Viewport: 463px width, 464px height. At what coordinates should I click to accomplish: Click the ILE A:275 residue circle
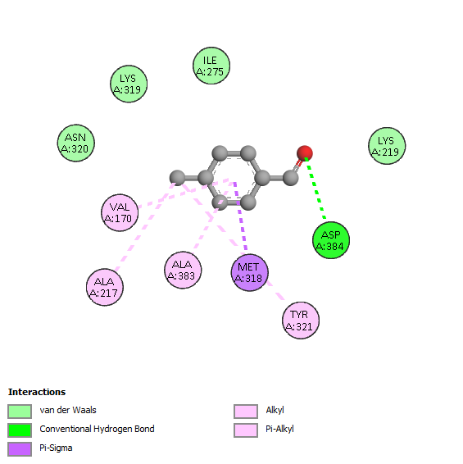[x=211, y=66]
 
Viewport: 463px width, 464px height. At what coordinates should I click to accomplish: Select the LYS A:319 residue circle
[x=129, y=84]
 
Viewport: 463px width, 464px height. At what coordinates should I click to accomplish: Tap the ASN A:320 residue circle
[x=75, y=143]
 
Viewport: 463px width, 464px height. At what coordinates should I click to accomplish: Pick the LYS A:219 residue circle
[x=387, y=146]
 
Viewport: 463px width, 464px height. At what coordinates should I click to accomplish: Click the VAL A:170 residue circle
[x=120, y=212]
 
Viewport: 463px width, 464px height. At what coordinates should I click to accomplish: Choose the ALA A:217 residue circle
[x=105, y=287]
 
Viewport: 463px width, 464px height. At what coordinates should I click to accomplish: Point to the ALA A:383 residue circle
[x=183, y=270]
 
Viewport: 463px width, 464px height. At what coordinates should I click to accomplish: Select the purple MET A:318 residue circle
[x=249, y=272]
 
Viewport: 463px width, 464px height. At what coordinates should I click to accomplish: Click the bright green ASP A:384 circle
[x=331, y=240]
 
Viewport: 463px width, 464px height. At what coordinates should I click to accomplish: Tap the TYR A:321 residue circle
[x=301, y=321]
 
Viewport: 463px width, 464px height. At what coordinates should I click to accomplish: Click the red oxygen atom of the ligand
[x=305, y=153]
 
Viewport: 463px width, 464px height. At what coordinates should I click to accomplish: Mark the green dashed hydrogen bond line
[x=315, y=189]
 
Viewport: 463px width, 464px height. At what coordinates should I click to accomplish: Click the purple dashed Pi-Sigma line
[x=241, y=218]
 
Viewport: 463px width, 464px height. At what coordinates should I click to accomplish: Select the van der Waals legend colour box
[x=20, y=412]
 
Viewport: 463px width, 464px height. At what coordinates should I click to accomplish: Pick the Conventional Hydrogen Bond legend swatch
[x=20, y=430]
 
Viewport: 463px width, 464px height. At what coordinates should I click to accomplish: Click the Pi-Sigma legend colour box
[x=20, y=449]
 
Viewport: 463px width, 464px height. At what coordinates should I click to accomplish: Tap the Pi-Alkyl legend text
[x=279, y=429]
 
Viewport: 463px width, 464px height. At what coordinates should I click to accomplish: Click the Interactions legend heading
[x=37, y=392]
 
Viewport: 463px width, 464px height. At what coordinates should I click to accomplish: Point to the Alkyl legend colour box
[x=246, y=412]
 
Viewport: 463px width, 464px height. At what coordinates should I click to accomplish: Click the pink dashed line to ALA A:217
[x=145, y=227]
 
